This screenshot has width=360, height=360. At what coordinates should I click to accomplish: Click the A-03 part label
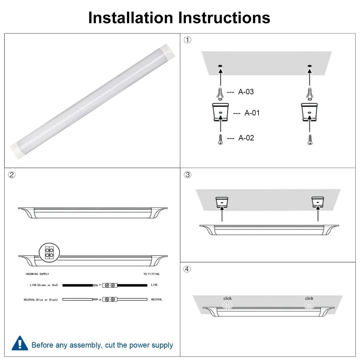pyautogui.click(x=246, y=92)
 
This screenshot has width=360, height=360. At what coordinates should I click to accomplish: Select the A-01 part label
pyautogui.click(x=252, y=113)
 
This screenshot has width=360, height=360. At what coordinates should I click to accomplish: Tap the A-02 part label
pyautogui.click(x=246, y=138)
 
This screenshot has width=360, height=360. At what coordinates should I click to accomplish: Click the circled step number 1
pyautogui.click(x=188, y=40)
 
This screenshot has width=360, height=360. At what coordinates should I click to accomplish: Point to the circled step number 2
pyautogui.click(x=12, y=175)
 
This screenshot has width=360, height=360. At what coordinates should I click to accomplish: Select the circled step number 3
pyautogui.click(x=188, y=175)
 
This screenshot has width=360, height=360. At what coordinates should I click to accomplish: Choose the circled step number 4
pyautogui.click(x=188, y=269)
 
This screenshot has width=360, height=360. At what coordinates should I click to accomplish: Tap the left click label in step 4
pyautogui.click(x=228, y=298)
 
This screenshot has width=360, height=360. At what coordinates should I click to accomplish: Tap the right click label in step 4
pyautogui.click(x=309, y=298)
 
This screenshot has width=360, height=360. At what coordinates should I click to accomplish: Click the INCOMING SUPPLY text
pyautogui.click(x=37, y=274)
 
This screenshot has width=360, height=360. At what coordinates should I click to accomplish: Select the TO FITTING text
pyautogui.click(x=151, y=274)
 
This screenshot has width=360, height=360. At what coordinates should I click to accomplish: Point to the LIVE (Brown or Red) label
pyautogui.click(x=44, y=285)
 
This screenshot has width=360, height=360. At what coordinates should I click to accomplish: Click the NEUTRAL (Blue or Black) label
pyautogui.click(x=41, y=300)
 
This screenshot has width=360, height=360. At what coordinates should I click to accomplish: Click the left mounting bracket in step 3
pyautogui.click(x=222, y=202)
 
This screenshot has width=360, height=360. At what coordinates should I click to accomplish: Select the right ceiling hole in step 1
pyautogui.click(x=309, y=66)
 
